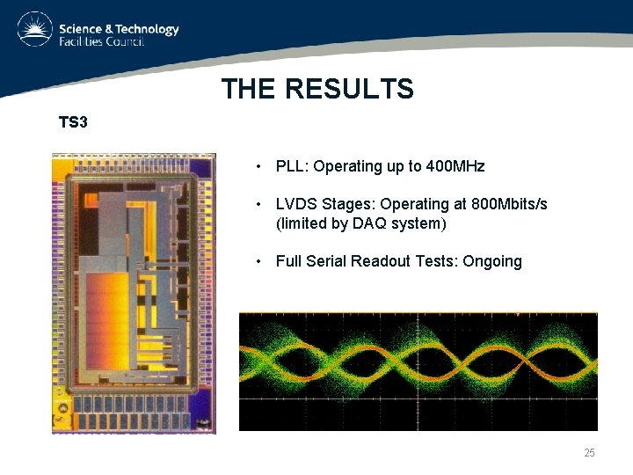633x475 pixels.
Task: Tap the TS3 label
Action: pyautogui.click(x=73, y=122)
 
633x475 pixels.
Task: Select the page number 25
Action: pyautogui.click(x=589, y=453)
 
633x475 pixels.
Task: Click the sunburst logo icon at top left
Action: pyautogui.click(x=34, y=29)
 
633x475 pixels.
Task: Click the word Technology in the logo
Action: pyautogui.click(x=144, y=29)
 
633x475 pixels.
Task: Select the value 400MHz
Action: pyautogui.click(x=455, y=166)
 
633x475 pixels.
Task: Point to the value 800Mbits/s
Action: pyautogui.click(x=509, y=204)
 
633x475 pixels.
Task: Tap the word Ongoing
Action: pyautogui.click(x=491, y=261)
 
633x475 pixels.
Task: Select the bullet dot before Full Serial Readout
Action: pyautogui.click(x=258, y=261)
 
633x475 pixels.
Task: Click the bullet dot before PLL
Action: pyautogui.click(x=258, y=166)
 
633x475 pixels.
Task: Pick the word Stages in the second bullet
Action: pyautogui.click(x=346, y=204)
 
